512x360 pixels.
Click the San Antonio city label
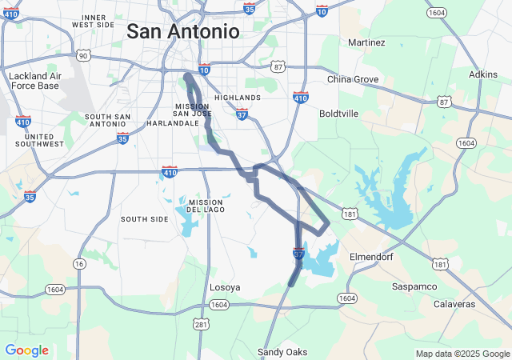click(x=183, y=31)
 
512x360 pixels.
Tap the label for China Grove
click(x=353, y=79)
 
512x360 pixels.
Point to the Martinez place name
click(x=367, y=42)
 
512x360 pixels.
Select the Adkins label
click(x=482, y=74)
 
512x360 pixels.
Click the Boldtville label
click(x=338, y=114)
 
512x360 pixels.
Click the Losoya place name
click(x=224, y=286)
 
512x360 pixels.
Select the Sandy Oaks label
click(x=282, y=352)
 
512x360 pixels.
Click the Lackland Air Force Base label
click(x=34, y=81)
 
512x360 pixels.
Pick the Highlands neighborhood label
click(x=238, y=98)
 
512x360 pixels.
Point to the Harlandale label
click(x=172, y=124)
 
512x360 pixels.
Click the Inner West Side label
click(x=94, y=21)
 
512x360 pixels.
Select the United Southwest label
click(x=39, y=141)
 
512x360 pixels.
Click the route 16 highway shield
click(x=78, y=264)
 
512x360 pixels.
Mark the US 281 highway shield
click(x=201, y=323)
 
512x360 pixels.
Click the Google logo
click(x=26, y=350)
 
